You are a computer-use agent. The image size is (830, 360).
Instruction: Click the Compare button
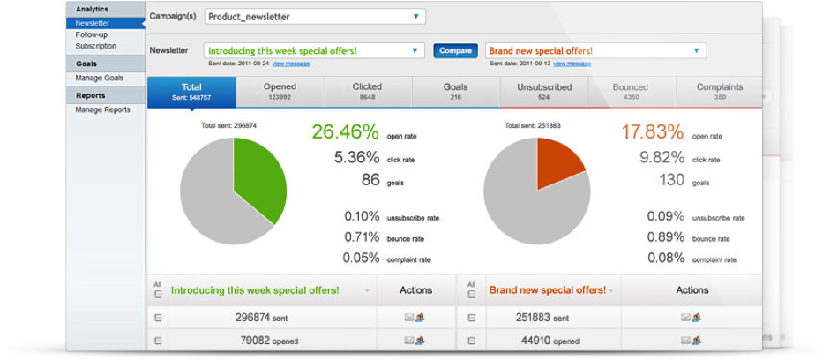[455, 51]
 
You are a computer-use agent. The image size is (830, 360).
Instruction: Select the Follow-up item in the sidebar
[92, 34]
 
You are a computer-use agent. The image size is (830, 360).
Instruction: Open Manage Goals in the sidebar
[100, 78]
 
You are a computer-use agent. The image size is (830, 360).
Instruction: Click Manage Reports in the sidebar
[102, 109]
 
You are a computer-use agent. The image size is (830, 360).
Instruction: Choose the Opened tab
[280, 91]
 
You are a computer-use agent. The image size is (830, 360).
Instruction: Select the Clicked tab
[367, 91]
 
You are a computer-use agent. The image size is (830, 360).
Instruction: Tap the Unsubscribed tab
[544, 91]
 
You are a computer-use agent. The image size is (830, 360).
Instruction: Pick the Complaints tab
[720, 91]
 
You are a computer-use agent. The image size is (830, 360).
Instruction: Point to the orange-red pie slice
[557, 161]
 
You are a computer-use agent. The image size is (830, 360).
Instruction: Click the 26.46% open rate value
[345, 133]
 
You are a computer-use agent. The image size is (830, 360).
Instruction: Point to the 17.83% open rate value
[652, 133]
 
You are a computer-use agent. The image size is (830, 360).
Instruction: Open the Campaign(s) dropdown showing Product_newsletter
[314, 17]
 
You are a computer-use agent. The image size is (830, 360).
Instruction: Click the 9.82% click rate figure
[662, 158]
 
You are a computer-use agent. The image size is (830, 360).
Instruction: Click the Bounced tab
[631, 91]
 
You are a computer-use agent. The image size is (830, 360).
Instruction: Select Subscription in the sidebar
[95, 46]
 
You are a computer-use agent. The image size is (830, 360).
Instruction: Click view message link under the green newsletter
[290, 64]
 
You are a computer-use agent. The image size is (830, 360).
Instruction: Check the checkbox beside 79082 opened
[158, 340]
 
